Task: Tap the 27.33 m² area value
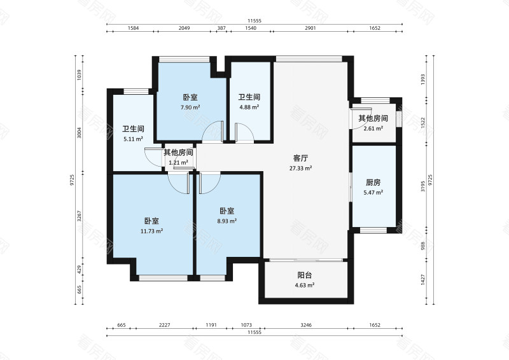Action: (x=301, y=168)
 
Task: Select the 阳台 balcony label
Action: (x=305, y=275)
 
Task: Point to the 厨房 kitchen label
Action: (x=373, y=182)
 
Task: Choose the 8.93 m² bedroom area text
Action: (x=228, y=221)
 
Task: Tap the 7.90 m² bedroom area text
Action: (x=190, y=107)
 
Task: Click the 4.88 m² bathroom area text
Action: (x=249, y=107)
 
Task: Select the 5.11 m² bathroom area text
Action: (x=132, y=138)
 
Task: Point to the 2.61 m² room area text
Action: (x=373, y=128)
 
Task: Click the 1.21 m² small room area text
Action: (x=179, y=162)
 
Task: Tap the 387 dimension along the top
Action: (x=221, y=29)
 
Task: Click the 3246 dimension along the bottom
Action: (x=306, y=325)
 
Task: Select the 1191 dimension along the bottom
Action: (x=211, y=325)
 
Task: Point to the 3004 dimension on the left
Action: (x=80, y=134)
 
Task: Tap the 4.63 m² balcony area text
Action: (x=305, y=286)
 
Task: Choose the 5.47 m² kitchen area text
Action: (x=373, y=192)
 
